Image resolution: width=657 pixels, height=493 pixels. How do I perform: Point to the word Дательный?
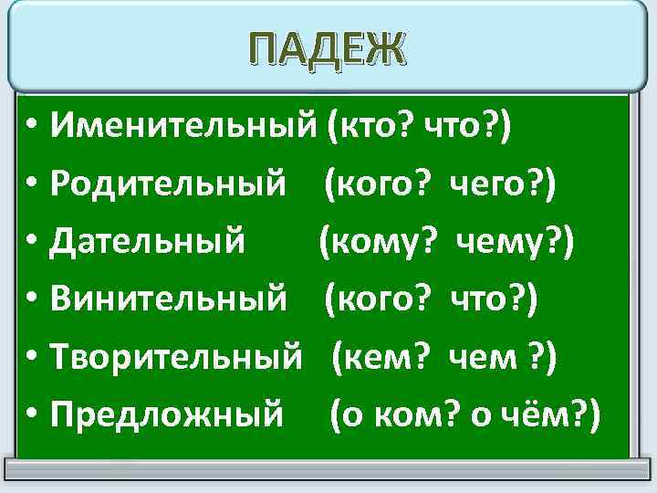(x=148, y=241)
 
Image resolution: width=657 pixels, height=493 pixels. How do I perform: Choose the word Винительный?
(x=170, y=299)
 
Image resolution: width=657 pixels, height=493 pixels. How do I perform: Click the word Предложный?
(x=167, y=415)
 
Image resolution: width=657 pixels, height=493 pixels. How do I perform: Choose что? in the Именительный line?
(x=467, y=125)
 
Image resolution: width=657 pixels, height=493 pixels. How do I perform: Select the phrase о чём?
(x=533, y=415)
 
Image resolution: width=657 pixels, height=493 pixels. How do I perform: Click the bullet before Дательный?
(x=32, y=243)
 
